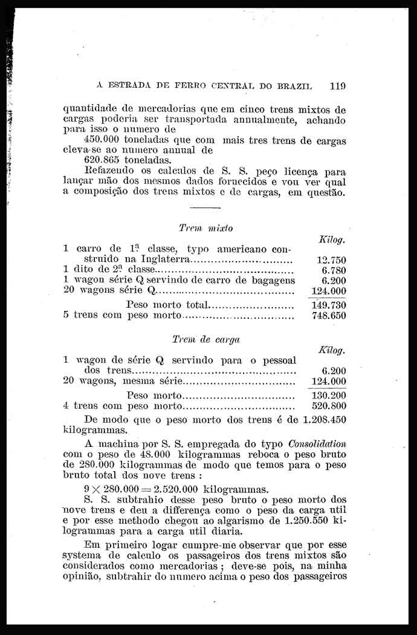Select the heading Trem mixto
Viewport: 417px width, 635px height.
coord(198,228)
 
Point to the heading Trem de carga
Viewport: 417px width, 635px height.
coord(198,339)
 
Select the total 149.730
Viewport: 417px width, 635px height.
coord(328,305)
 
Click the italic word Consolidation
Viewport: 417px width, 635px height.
coord(317,443)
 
